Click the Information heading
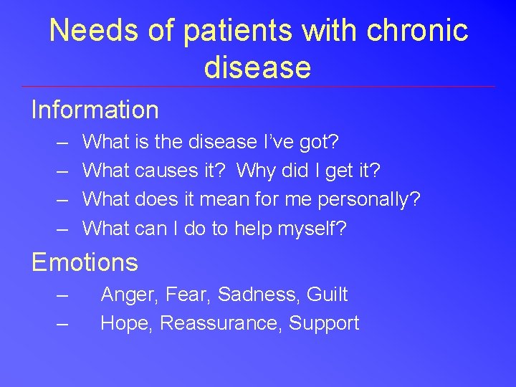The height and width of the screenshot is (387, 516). (x=95, y=110)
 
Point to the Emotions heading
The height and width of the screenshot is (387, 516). (x=85, y=262)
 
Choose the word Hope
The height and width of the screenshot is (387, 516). (x=127, y=323)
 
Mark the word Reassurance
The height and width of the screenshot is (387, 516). (x=221, y=323)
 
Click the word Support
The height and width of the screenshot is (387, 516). (x=324, y=323)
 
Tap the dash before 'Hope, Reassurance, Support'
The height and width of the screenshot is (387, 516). (x=62, y=323)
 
